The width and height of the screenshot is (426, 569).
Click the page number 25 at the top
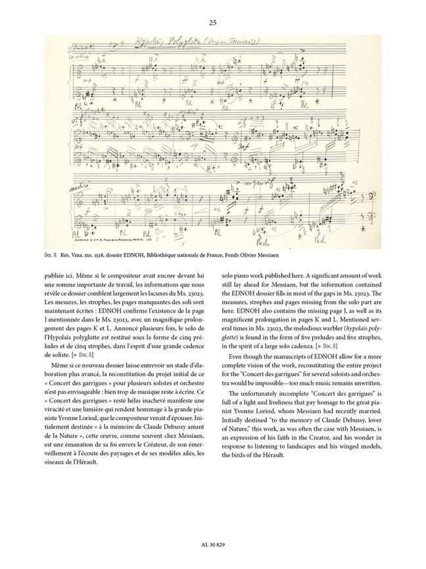pos(212,22)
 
